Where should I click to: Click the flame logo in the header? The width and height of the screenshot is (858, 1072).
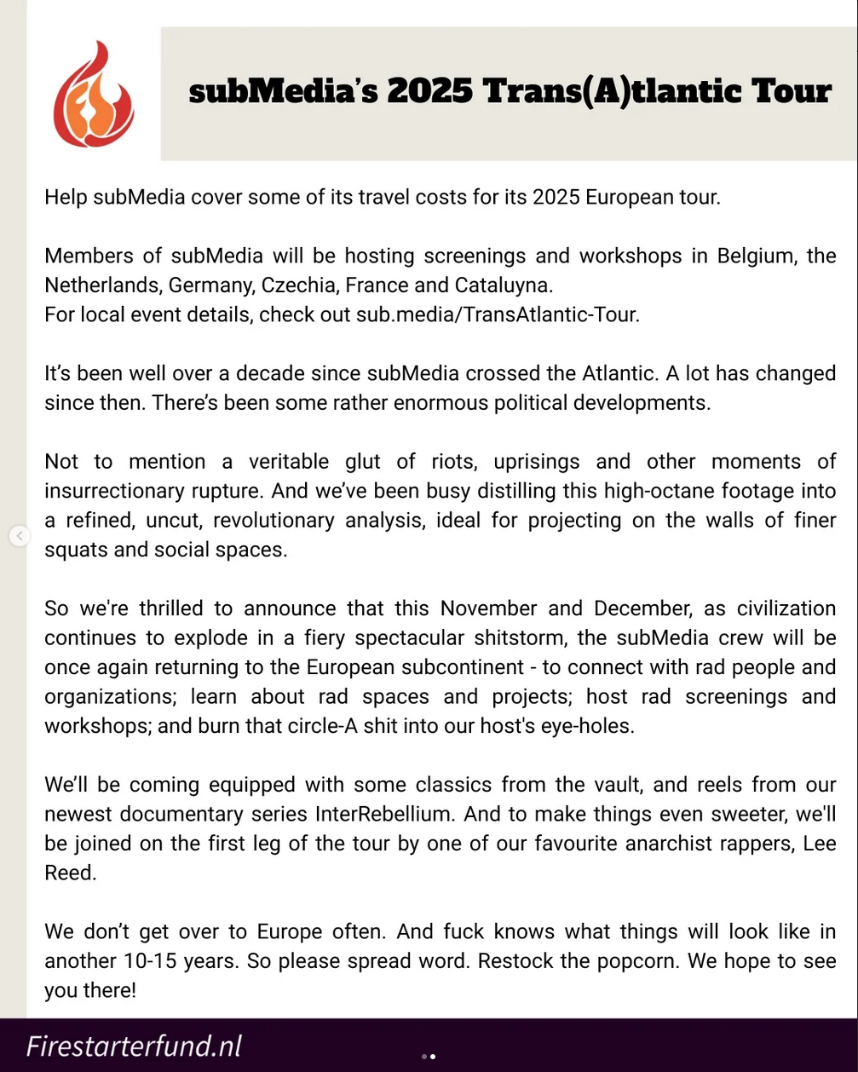pyautogui.click(x=93, y=95)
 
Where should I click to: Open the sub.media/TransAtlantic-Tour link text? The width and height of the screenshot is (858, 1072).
pyautogui.click(x=497, y=314)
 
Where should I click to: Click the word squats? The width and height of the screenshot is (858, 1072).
pyautogui.click(x=76, y=550)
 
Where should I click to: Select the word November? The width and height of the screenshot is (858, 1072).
pyautogui.click(x=488, y=608)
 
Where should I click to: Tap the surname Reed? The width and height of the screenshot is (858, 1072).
pyautogui.click(x=70, y=873)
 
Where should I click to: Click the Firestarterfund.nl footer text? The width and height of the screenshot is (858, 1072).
pyautogui.click(x=135, y=1046)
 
